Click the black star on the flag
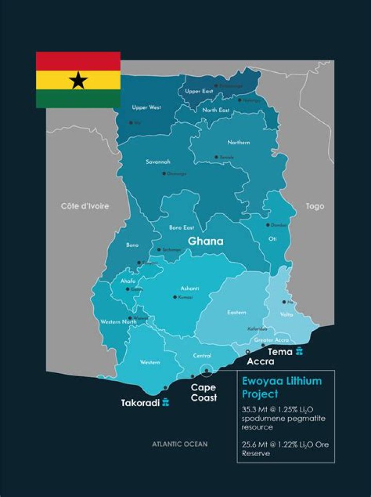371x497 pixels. (x=78, y=80)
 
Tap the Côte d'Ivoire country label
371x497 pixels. (x=85, y=206)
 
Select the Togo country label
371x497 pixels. (x=315, y=206)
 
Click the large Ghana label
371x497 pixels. (x=206, y=241)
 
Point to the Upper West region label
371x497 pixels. (x=146, y=107)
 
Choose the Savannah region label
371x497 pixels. (x=158, y=162)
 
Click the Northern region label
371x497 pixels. (x=239, y=142)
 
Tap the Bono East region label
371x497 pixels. (x=181, y=227)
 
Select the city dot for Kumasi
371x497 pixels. (x=175, y=297)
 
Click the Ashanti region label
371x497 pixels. (x=190, y=288)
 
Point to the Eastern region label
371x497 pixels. (x=237, y=312)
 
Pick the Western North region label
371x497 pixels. (x=118, y=322)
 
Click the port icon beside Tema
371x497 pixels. (x=299, y=352)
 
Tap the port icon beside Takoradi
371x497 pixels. (x=166, y=402)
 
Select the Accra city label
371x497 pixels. (x=261, y=361)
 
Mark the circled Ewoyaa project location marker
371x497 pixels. (x=207, y=370)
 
